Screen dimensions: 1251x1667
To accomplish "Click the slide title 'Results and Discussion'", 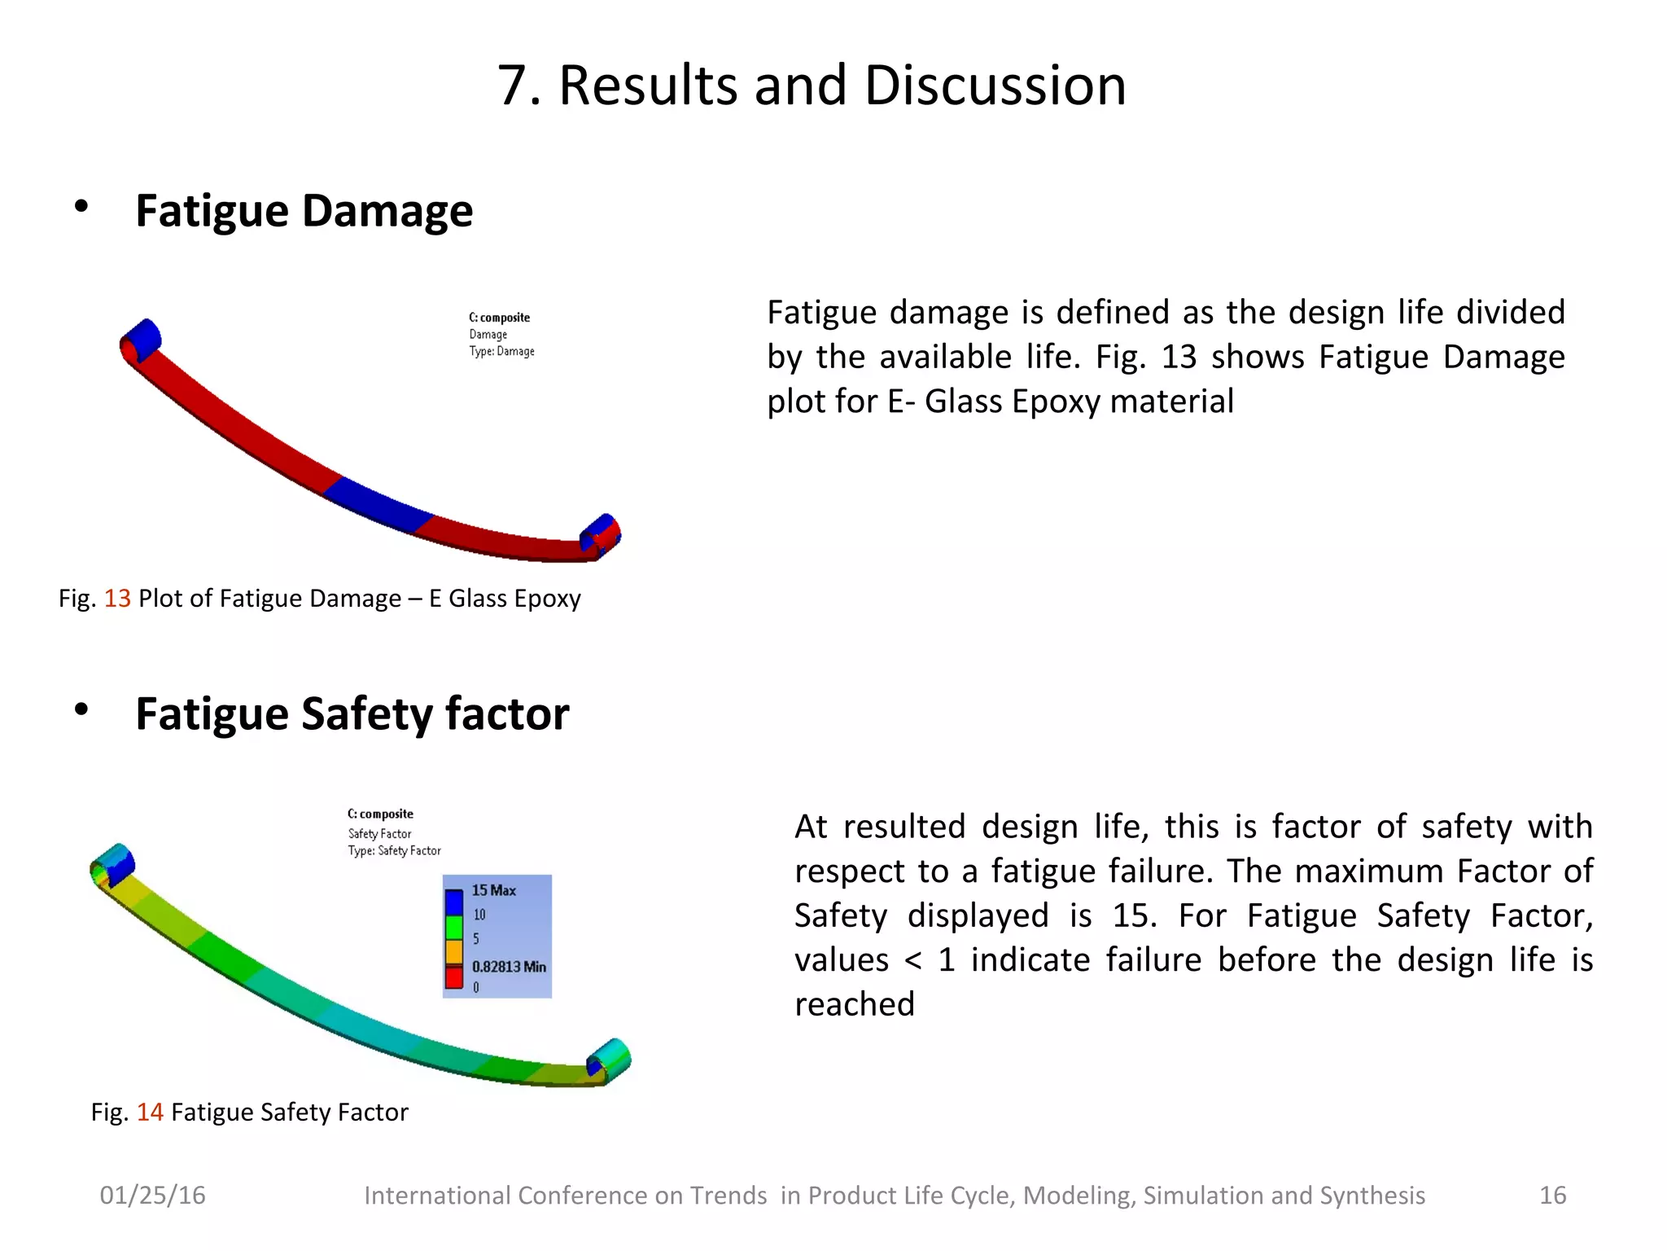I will pyautogui.click(x=812, y=86).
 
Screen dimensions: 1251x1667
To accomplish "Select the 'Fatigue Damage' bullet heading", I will pyautogui.click(x=304, y=211).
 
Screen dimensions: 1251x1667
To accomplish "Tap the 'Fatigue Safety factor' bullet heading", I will pyautogui.click(x=352, y=714).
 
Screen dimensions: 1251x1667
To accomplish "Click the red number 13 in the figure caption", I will pyautogui.click(x=117, y=599).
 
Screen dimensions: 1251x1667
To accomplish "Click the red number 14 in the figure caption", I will pyautogui.click(x=150, y=1113).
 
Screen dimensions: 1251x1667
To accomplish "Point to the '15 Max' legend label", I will pyautogui.click(x=493, y=890).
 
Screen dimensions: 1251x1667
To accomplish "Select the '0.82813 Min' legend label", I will pyautogui.click(x=509, y=967).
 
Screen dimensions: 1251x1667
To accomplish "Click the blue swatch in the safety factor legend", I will pyautogui.click(x=453, y=903).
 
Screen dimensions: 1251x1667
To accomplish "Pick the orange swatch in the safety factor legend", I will pyautogui.click(x=453, y=951).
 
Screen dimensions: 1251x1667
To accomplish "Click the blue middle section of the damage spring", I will pyautogui.click(x=378, y=504).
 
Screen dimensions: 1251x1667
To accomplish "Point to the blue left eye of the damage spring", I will pyautogui.click(x=143, y=339).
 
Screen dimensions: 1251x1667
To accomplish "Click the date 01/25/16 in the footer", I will pyautogui.click(x=152, y=1196).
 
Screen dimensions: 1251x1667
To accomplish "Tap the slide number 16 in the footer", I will pyautogui.click(x=1552, y=1196).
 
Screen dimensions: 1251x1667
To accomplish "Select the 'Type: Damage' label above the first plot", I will pyautogui.click(x=501, y=352).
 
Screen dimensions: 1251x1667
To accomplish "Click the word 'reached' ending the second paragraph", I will pyautogui.click(x=854, y=1005).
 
